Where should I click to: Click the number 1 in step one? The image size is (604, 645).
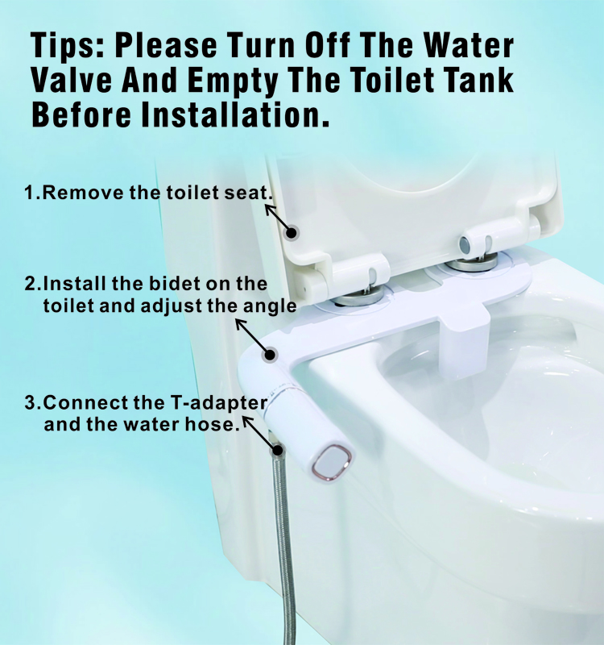coord(29,193)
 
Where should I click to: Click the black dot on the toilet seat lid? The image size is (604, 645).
coord(292,233)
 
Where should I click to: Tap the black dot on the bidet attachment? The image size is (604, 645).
coord(271,355)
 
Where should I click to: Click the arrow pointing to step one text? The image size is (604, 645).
coord(277,218)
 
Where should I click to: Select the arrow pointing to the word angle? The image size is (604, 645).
coord(252,336)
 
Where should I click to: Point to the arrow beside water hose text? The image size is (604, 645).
coord(260,434)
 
